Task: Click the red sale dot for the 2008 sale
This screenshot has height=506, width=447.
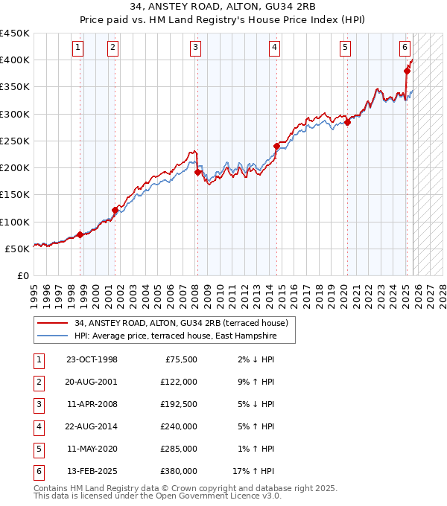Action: pos(197,172)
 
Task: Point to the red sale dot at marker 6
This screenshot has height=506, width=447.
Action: pos(407,71)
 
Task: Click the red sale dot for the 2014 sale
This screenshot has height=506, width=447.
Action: pos(276,146)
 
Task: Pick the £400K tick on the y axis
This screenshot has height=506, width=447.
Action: pos(15,60)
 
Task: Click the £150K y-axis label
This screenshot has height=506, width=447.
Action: pos(15,195)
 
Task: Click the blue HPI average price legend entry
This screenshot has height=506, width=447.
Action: pos(175,336)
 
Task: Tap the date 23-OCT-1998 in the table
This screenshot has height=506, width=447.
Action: pos(92,359)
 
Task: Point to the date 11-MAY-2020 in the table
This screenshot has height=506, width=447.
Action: pos(92,449)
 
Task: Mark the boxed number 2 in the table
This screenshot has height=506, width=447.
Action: pos(38,382)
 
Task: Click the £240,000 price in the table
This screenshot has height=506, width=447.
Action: pos(178,426)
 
